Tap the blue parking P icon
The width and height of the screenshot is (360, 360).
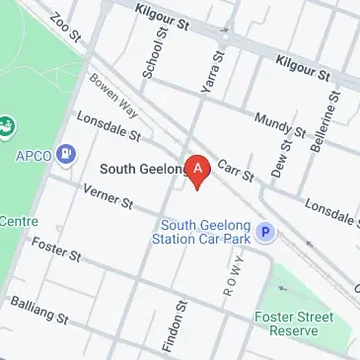(x=264, y=233)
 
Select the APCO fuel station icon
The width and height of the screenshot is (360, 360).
(x=66, y=153)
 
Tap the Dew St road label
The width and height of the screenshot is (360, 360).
(x=285, y=156)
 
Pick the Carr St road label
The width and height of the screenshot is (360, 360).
(x=235, y=170)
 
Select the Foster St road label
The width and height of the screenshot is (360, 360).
(x=53, y=250)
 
